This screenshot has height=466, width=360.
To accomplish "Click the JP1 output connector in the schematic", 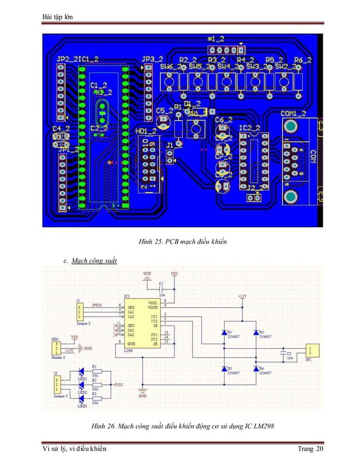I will coord(315,351).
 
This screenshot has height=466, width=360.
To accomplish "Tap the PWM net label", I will coord(97,304).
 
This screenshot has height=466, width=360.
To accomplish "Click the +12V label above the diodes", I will coord(242,296).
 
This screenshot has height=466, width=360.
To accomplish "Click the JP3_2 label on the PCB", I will coord(152,59).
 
